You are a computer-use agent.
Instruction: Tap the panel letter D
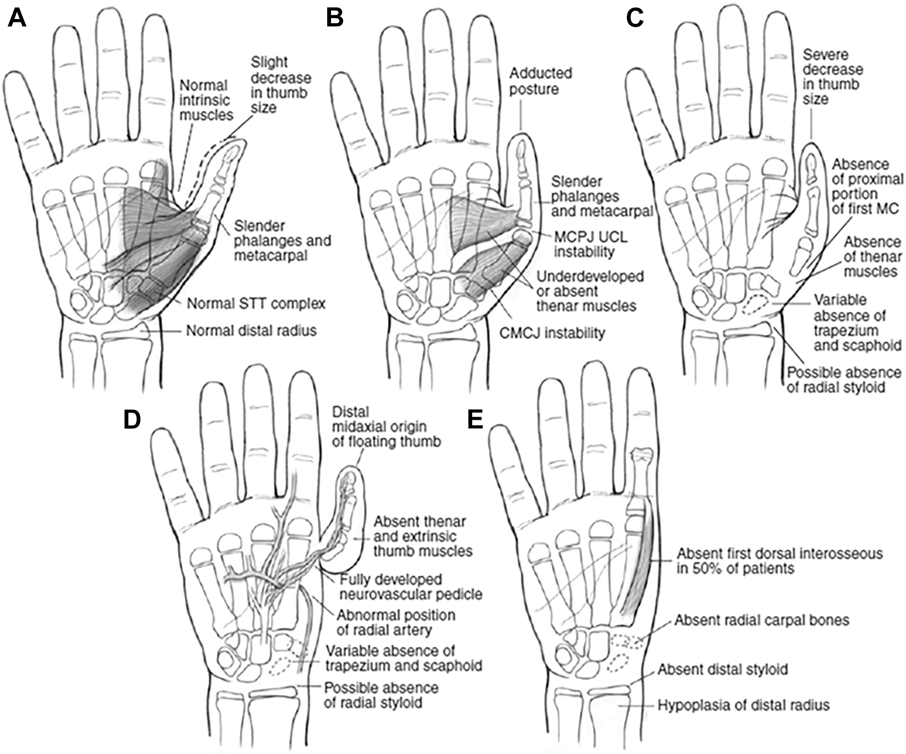click(x=132, y=419)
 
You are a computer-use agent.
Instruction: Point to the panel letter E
click(x=475, y=419)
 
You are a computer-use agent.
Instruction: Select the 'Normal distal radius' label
click(x=251, y=331)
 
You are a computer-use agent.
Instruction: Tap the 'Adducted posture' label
click(x=541, y=81)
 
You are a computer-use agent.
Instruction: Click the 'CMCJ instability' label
click(x=552, y=333)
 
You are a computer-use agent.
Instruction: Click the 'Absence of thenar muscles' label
click(x=872, y=257)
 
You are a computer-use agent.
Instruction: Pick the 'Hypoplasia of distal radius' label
click(x=743, y=705)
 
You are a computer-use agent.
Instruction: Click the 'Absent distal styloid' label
click(x=723, y=669)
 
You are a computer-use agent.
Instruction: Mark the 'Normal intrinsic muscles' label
click(x=206, y=100)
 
